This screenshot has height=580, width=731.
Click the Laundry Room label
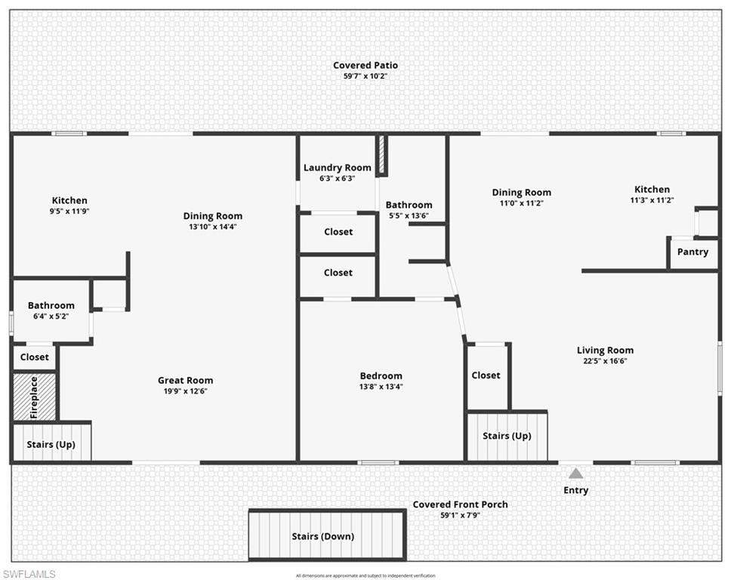pos(338,168)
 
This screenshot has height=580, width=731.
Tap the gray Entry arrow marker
pos(576,474)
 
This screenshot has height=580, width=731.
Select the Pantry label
pos(692,251)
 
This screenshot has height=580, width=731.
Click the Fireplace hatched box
pos(34,397)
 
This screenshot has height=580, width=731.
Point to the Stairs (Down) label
pos(323,537)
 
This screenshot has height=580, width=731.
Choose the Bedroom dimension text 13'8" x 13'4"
pos(381,387)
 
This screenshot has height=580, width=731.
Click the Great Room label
pos(185,381)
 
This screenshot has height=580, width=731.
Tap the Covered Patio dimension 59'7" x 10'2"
pos(365,76)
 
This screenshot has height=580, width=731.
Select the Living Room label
pos(605,350)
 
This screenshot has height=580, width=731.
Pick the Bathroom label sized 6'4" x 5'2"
pos(51,306)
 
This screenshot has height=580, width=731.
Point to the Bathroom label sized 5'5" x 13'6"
pos(409,205)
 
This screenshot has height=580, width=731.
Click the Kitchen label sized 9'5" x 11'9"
pos(69,201)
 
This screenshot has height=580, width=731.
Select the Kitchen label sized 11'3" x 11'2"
pos(652,190)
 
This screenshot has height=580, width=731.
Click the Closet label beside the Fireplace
pos(35,357)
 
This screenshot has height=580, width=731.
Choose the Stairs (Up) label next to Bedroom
pos(507,436)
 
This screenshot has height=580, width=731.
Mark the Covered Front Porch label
pos(460,504)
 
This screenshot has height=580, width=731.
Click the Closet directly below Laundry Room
pos(338,232)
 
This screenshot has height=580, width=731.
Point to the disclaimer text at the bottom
pos(365,575)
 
